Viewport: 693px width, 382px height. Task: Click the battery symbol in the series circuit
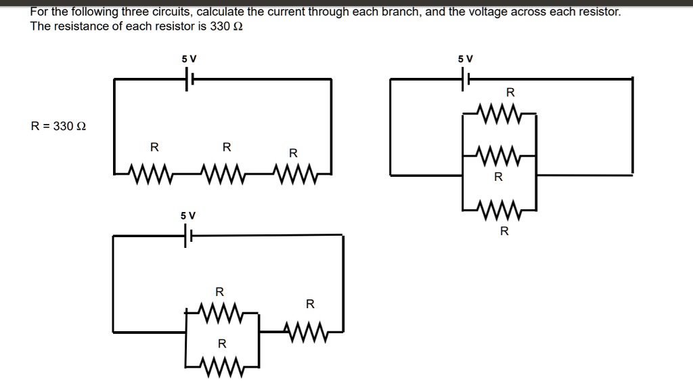(189, 79)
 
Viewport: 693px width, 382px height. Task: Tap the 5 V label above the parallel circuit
(465, 59)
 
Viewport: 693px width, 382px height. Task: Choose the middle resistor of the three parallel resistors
(499, 155)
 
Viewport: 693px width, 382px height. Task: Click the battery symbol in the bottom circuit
(187, 236)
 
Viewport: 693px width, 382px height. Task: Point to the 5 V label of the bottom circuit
(187, 215)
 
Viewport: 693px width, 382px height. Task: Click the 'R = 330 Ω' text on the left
(59, 126)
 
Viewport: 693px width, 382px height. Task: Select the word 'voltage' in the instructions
(487, 12)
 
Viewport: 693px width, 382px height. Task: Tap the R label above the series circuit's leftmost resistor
(154, 147)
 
